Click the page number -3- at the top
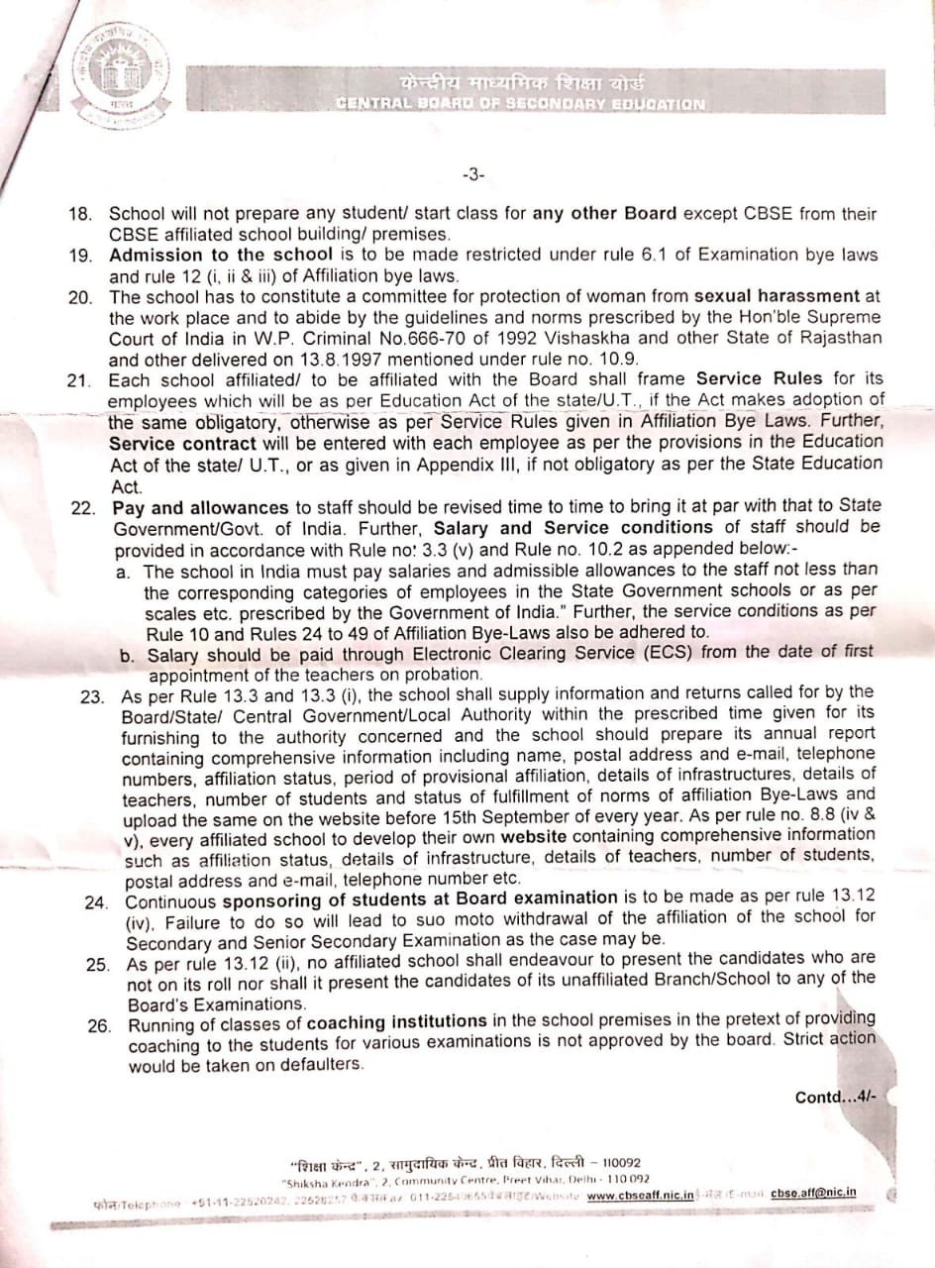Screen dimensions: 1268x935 pos(472,175)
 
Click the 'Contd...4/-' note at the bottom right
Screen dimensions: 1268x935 pos(835,1097)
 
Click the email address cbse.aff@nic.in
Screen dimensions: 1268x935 pos(814,1194)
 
